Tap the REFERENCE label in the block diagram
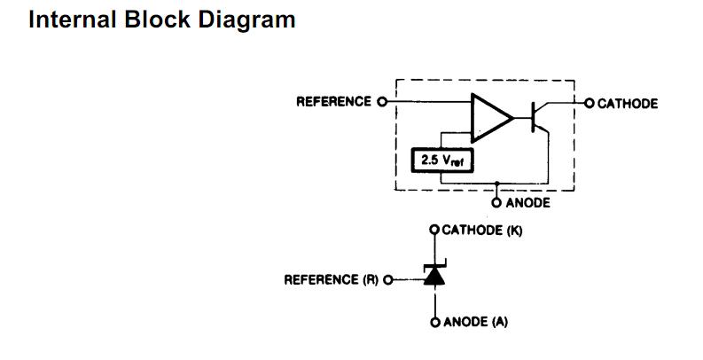point(334,102)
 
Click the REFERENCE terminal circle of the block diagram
point(383,102)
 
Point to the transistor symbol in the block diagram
point(539,117)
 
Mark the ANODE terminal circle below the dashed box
point(497,202)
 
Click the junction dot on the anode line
point(497,187)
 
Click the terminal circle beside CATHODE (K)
point(434,231)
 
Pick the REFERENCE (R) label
point(331,280)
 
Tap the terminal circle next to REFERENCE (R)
point(387,280)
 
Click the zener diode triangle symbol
point(434,278)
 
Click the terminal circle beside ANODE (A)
point(434,322)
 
